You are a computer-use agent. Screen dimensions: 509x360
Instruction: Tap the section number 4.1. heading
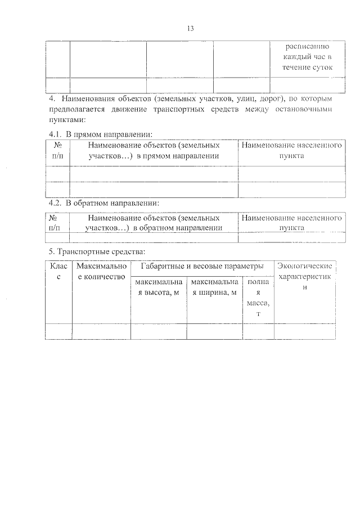[x=55, y=134]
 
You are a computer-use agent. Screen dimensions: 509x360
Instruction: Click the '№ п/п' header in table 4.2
[x=55, y=223]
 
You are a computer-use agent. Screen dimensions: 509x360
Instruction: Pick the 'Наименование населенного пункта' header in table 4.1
[x=291, y=151]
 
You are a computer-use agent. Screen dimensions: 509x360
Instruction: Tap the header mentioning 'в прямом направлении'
[x=154, y=151]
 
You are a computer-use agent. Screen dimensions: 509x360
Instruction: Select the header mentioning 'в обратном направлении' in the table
[x=154, y=223]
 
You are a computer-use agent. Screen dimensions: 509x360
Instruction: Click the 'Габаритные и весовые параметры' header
[x=202, y=265]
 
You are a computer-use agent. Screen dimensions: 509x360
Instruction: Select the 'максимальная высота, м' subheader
[x=158, y=287]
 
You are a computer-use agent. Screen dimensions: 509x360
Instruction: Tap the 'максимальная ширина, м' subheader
[x=214, y=287]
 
